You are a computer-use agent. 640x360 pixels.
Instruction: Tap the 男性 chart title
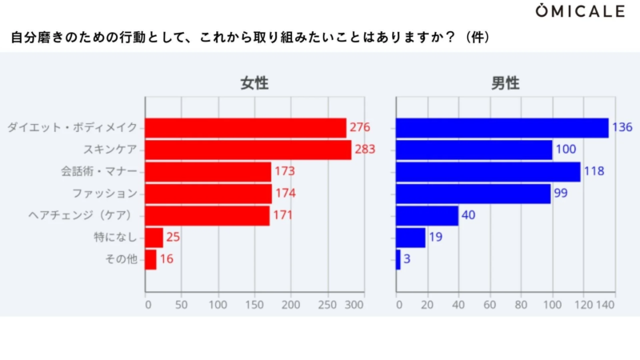point(506,84)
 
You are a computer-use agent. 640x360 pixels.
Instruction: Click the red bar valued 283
point(248,150)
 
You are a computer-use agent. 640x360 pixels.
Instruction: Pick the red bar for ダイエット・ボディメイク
point(246,128)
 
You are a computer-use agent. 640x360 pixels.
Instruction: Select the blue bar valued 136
point(502,128)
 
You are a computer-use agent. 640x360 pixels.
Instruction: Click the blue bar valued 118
point(488,171)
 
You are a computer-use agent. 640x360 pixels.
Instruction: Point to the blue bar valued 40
point(427,215)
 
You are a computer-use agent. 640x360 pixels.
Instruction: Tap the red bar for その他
point(150,259)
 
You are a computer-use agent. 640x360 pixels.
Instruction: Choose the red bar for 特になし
point(154,238)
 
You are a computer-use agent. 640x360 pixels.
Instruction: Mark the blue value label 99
point(562,194)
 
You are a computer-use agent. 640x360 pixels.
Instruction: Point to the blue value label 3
point(407,259)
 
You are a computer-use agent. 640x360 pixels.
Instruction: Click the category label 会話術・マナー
point(99,171)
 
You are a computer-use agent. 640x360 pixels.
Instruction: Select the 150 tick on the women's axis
point(254,305)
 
